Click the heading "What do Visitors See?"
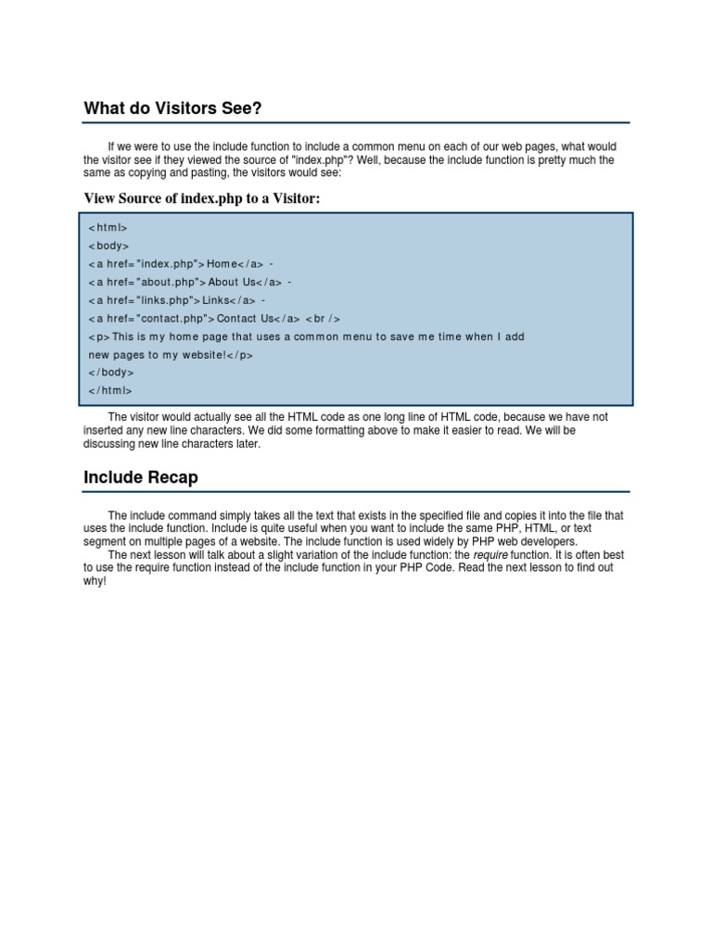[172, 109]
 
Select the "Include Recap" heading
[140, 478]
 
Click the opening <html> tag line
[108, 228]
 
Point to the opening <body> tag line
[108, 247]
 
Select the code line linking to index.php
[181, 264]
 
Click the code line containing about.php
[190, 283]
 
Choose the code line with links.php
[177, 300]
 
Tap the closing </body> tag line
[111, 373]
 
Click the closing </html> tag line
[110, 390]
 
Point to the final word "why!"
[95, 581]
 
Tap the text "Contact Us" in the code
[248, 319]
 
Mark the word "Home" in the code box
[222, 264]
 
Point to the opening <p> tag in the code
[99, 336]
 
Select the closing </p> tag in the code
[240, 355]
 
